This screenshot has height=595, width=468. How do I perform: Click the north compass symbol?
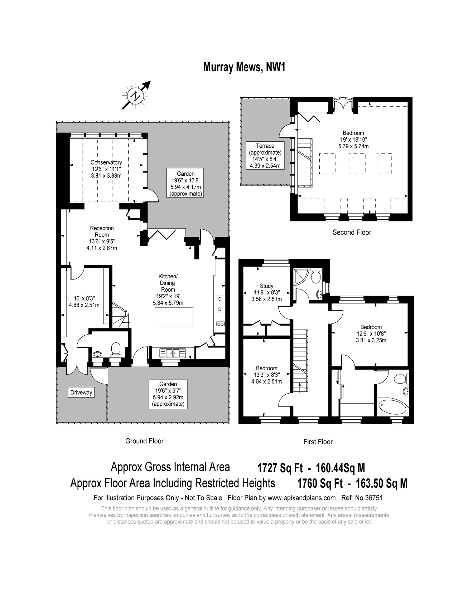coord(136,96)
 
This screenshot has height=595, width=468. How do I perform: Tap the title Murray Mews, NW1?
coord(244,67)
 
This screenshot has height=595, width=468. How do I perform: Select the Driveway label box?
coord(81,392)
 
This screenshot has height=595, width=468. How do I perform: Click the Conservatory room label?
coord(106,162)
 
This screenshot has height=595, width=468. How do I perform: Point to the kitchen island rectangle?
coord(174,317)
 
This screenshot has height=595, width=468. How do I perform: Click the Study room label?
coord(266,286)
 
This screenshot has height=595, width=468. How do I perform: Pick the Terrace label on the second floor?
coord(265,146)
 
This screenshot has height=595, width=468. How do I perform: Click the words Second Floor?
coord(352,232)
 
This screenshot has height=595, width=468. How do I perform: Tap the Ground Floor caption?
coord(144,441)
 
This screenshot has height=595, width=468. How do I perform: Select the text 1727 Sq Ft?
coord(280,468)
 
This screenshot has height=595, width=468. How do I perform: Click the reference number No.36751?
coord(370,498)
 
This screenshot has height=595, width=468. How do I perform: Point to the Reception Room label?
coord(102,231)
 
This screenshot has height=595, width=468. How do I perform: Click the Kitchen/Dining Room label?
coord(168,283)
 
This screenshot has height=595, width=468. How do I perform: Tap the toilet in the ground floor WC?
coord(116,349)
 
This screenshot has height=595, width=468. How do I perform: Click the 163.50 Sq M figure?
coord(382,483)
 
